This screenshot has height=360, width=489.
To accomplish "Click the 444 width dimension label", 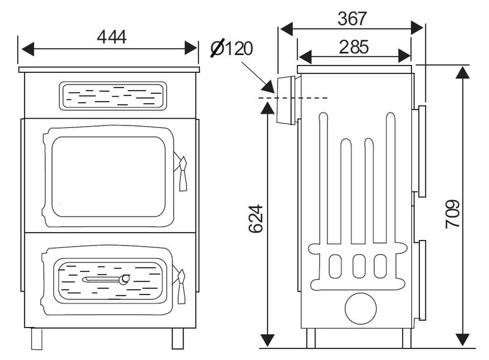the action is coord(112,37).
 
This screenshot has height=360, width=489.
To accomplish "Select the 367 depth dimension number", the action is coord(352,19).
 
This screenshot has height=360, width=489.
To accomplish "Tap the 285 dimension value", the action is coord(354,47).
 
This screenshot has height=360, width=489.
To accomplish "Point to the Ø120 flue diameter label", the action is coord(232,48).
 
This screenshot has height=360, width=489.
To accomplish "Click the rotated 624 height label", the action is coord(256,219).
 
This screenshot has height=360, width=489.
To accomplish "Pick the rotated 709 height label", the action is coord(452,214).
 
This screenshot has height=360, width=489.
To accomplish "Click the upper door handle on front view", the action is coord(182,171).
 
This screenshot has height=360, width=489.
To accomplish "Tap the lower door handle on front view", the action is coord(180,285).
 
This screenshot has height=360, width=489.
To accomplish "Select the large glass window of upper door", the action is coord(109,176).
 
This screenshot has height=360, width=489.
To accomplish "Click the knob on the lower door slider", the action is coord(125,279).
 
